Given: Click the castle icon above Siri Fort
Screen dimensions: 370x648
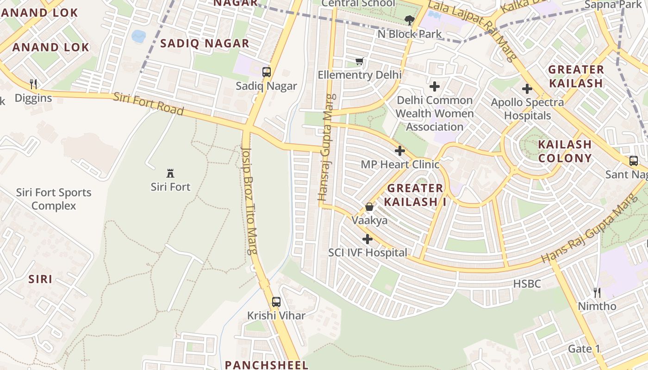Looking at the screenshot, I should point(170,173).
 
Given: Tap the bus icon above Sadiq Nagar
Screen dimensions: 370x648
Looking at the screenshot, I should point(266,72).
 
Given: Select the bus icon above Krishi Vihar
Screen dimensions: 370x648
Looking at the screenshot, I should point(276,302).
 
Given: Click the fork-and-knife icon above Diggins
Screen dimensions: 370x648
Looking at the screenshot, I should point(33,84).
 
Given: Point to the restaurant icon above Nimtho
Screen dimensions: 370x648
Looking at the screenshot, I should point(597,292).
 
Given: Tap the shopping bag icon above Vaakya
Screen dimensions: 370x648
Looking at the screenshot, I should point(369,207).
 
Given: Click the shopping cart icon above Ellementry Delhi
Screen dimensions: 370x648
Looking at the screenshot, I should point(359,61).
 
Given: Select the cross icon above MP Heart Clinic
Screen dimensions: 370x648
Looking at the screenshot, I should point(400,151).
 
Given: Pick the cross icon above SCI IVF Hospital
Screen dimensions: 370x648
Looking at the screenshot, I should point(368,239).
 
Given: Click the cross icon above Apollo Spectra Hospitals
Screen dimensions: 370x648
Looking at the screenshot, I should point(527,89).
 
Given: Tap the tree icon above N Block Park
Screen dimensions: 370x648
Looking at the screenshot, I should point(409,20).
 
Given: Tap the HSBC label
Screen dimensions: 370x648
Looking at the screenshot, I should point(527,284).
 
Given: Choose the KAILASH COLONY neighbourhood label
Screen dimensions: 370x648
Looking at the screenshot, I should point(565,151).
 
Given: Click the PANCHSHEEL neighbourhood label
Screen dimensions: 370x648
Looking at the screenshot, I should point(267,364).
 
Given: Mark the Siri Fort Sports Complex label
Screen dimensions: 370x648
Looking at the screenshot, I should point(54,199).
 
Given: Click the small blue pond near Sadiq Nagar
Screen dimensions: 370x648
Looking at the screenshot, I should point(138,36).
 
